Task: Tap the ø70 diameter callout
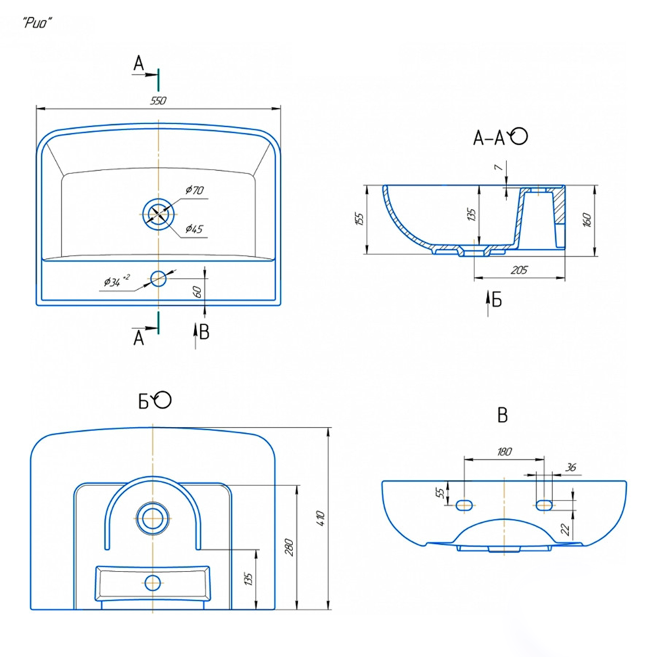coord(194,191)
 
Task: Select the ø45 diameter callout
coord(194,229)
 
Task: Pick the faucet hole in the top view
coord(158,279)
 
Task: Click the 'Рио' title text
coord(37,23)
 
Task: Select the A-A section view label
coord(489,137)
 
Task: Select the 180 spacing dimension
coord(504,451)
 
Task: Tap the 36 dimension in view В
coord(571,468)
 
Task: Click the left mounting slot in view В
coord(464,504)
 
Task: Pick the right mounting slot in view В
coord(544,504)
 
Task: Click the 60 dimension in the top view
coord(197,291)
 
